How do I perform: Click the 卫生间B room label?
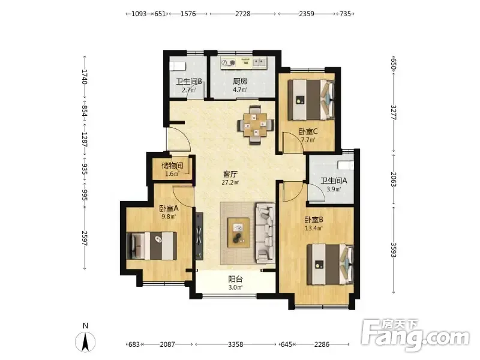click(189, 82)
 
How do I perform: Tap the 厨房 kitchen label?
click(240, 82)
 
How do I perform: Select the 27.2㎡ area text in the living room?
click(230, 183)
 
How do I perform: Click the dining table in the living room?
click(256, 125)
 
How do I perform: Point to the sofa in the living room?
click(265, 233)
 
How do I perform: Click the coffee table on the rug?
click(238, 233)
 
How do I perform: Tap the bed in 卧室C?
click(311, 100)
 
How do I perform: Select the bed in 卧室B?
click(331, 264)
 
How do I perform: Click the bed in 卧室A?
click(152, 246)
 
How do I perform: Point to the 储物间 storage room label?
click(172, 166)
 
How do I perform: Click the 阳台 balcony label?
click(235, 279)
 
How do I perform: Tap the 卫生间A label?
click(334, 181)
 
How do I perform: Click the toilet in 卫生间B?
click(178, 66)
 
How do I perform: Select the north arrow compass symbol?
click(85, 341)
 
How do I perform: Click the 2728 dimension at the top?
click(243, 14)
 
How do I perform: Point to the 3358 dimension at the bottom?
click(236, 344)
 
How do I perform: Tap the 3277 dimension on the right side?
click(394, 113)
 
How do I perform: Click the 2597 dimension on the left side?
click(85, 238)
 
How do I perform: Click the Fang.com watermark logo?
click(415, 335)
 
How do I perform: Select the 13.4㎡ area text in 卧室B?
click(313, 228)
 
